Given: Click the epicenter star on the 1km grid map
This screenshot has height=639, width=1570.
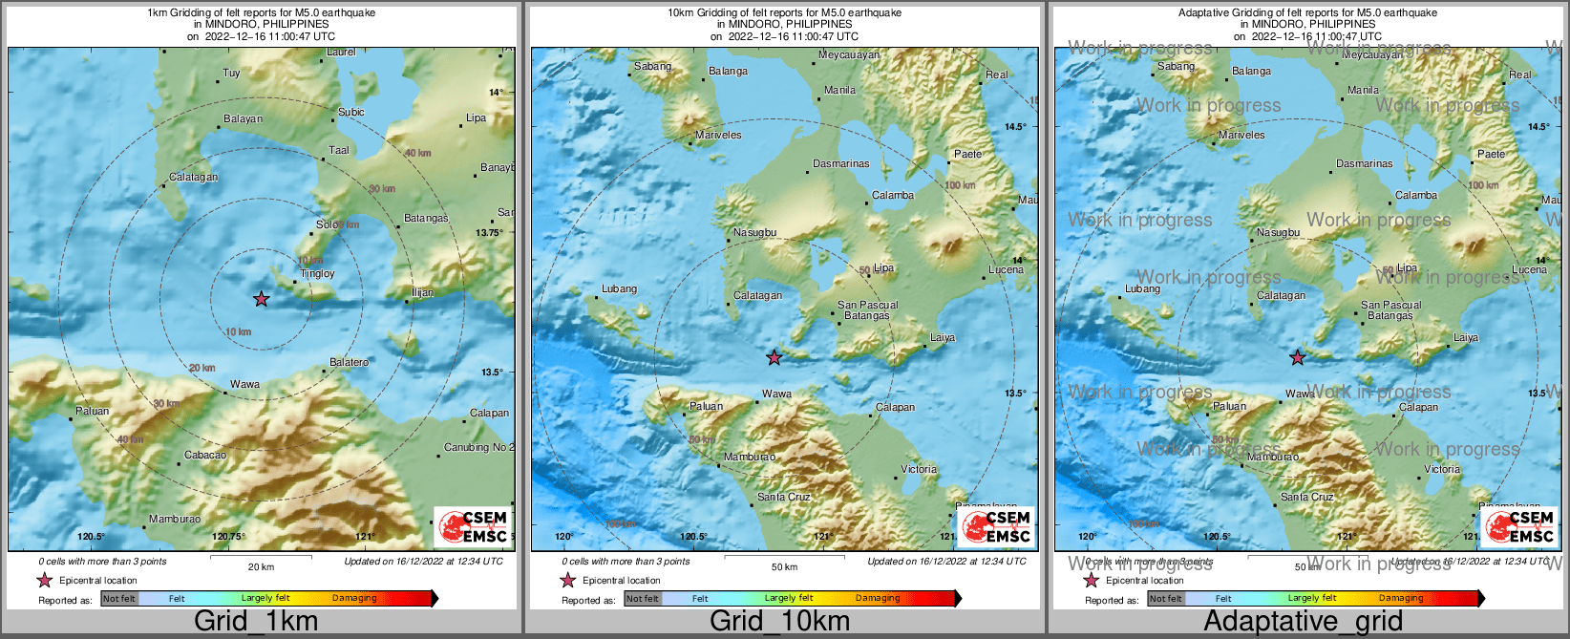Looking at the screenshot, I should (x=261, y=299).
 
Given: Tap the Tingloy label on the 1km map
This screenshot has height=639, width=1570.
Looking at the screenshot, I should (x=318, y=274).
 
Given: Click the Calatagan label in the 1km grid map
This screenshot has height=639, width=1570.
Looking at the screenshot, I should (x=193, y=178).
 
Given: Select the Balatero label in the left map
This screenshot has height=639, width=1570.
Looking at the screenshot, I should (x=349, y=363).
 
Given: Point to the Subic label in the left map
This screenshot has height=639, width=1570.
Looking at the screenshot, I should (x=351, y=113).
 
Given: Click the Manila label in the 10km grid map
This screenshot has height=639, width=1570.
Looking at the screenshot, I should (x=839, y=91).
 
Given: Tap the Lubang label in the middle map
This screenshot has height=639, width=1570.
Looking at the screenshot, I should (x=619, y=289).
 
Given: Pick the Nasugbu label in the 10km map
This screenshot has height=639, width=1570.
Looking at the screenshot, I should (x=754, y=233).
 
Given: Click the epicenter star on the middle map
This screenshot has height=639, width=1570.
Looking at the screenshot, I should (x=774, y=357).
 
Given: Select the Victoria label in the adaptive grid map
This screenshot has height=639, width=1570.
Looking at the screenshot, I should (x=1442, y=470).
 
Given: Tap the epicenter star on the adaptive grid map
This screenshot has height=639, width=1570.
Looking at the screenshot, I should (x=1297, y=357).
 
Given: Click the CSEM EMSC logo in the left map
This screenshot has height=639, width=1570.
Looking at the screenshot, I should (x=473, y=527).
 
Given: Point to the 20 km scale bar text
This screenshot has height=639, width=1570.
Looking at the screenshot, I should (x=261, y=567).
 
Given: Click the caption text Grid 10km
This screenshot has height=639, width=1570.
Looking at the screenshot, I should (x=779, y=622).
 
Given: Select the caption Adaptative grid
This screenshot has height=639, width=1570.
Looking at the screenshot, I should (x=1303, y=622).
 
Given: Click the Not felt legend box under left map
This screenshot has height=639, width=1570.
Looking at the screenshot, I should (x=119, y=599).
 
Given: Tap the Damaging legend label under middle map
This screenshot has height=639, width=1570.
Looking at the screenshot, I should (x=877, y=599).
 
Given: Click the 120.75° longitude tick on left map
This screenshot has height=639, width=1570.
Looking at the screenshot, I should (x=228, y=537).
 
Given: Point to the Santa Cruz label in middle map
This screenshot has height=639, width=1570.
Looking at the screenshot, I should (x=783, y=498).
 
